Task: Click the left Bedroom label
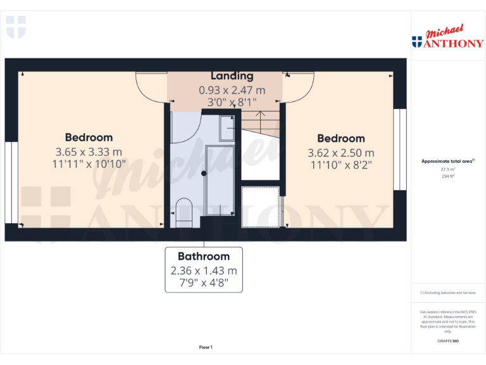(89, 138)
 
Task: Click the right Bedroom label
(340, 138)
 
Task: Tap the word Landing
(232, 76)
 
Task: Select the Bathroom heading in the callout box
(203, 257)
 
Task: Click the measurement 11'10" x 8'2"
(340, 166)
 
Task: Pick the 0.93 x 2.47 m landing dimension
(232, 90)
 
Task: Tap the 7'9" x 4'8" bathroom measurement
(203, 284)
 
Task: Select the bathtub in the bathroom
(220, 181)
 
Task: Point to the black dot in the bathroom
(204, 172)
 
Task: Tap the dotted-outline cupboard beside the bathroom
(260, 206)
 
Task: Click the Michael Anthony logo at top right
(447, 37)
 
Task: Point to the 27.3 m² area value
(447, 170)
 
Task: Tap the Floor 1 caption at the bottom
(206, 347)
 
